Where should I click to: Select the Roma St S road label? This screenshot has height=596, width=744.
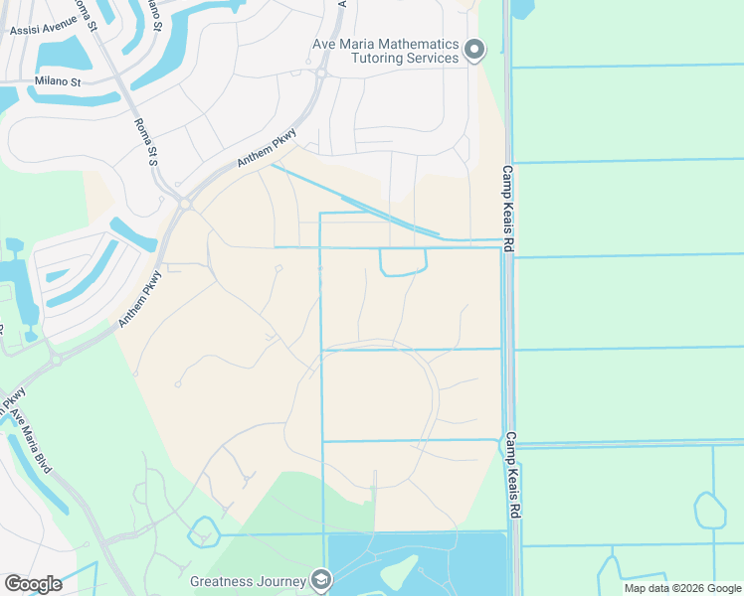pyautogui.click(x=146, y=143)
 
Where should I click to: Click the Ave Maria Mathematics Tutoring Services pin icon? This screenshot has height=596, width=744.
pyautogui.click(x=474, y=49)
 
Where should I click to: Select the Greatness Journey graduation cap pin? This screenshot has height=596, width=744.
pyautogui.click(x=320, y=577)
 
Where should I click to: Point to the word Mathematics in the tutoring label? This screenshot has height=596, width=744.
pyautogui.click(x=410, y=45)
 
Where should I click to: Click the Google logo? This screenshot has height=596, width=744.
pyautogui.click(x=33, y=584)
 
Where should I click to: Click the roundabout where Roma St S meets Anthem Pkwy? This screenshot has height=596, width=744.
pyautogui.click(x=185, y=203)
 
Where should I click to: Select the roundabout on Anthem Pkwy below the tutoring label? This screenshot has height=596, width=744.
pyautogui.click(x=321, y=73)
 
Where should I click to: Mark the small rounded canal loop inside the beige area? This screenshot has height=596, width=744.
pyautogui.click(x=403, y=262)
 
